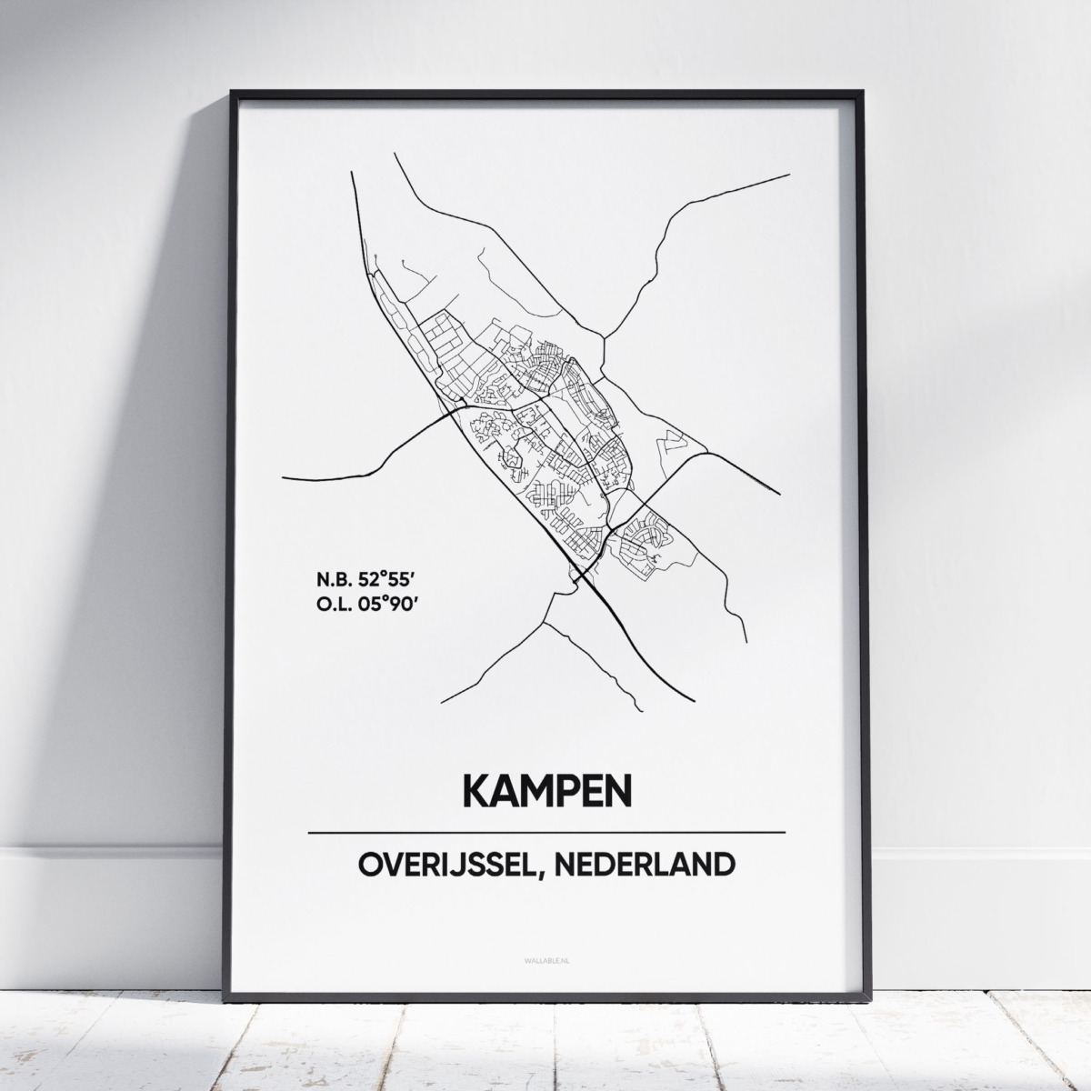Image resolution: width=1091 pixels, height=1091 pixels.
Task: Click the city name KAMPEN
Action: pyautogui.click(x=546, y=791)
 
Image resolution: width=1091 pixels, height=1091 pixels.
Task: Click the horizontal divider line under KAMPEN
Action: pyautogui.click(x=546, y=833)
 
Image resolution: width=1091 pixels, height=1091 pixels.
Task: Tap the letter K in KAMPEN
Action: pyautogui.click(x=479, y=791)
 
